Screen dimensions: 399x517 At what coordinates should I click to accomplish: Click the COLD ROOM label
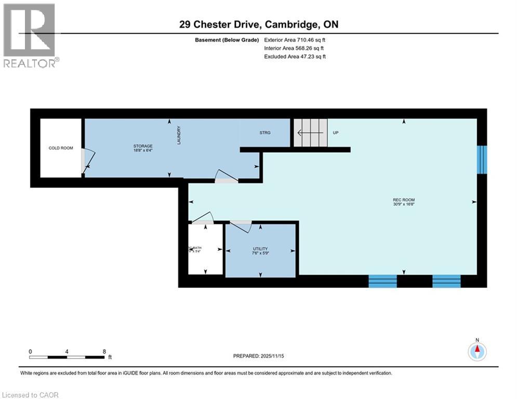pos(61,148)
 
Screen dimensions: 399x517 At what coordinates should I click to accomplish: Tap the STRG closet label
pos(265,132)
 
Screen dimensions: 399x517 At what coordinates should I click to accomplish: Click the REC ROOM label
pos(403,200)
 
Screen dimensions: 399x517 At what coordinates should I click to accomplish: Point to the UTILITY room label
pos(260,249)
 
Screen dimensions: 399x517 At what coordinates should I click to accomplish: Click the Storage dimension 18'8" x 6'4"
pos(142,151)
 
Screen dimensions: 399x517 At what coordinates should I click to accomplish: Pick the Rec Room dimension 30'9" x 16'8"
pos(403,205)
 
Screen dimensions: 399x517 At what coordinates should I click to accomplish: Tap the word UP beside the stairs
pos(336,133)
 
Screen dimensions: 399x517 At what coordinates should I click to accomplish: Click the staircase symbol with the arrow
pos(311,132)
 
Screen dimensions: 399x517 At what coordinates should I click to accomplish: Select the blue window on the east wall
pos(482,159)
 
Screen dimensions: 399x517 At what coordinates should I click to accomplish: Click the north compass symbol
pos(476,351)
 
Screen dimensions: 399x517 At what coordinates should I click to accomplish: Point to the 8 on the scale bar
pos(104,351)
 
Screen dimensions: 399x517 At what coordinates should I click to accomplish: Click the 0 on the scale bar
pos(31,351)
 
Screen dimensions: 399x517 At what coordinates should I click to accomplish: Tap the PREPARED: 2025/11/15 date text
pos(258,356)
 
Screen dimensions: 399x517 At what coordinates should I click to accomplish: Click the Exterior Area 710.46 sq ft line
pos(295,39)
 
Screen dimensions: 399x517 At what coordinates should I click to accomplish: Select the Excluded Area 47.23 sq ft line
pos(295,57)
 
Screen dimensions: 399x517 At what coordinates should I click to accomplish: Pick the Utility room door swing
pos(242,227)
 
